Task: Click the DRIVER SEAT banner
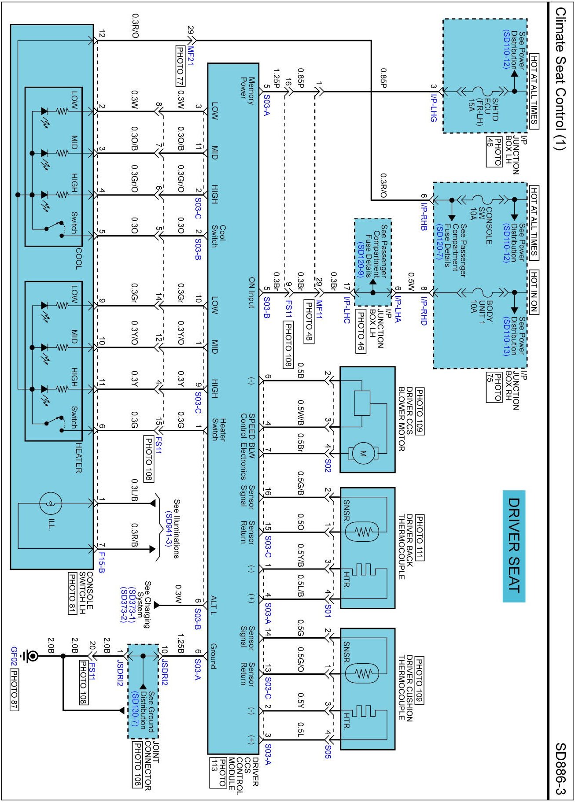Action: point(514,546)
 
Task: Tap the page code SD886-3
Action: point(560,769)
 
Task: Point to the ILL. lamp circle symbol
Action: point(51,503)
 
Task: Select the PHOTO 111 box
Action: point(419,537)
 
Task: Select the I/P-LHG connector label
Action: point(434,107)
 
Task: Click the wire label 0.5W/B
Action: point(301,413)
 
